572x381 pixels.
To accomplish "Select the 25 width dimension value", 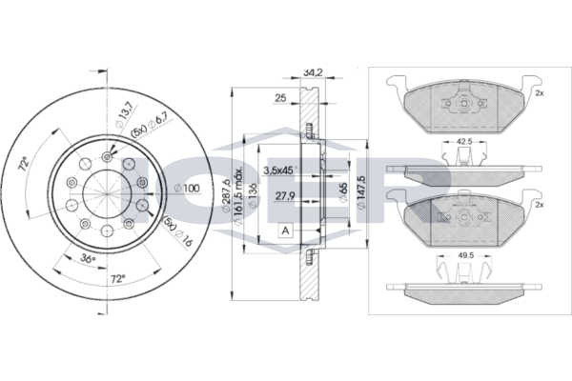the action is (x=281, y=97).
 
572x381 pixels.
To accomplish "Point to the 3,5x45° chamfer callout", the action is (x=278, y=171).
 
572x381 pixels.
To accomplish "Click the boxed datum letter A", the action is (x=285, y=231).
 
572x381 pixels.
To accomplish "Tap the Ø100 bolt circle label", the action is (x=188, y=188).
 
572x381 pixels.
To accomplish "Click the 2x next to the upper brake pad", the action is (x=539, y=93).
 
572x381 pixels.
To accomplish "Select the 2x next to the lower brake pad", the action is (x=539, y=205).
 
